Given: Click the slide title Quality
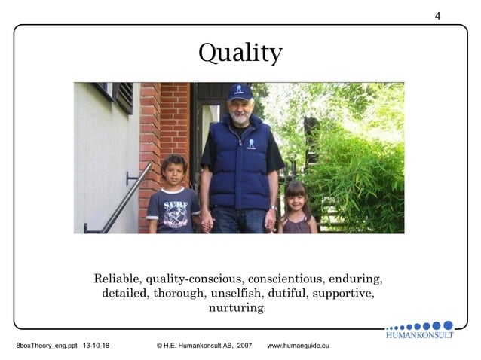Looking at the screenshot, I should point(240,53).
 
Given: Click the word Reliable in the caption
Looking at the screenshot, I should point(116,277).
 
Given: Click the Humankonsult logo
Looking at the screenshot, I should point(420,330).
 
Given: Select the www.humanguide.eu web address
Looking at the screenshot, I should point(299,346).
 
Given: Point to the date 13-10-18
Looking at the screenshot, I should point(96,346).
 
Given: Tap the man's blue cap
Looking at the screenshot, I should point(240,93).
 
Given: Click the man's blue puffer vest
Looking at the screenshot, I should point(239,162).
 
